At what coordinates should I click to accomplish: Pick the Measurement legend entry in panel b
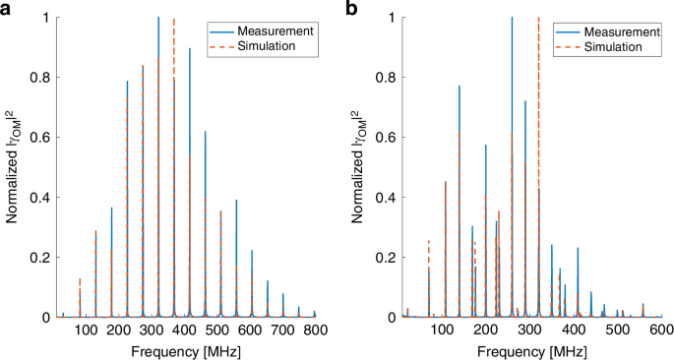[x=616, y=30]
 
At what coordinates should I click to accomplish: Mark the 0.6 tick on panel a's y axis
[x=28, y=138]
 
